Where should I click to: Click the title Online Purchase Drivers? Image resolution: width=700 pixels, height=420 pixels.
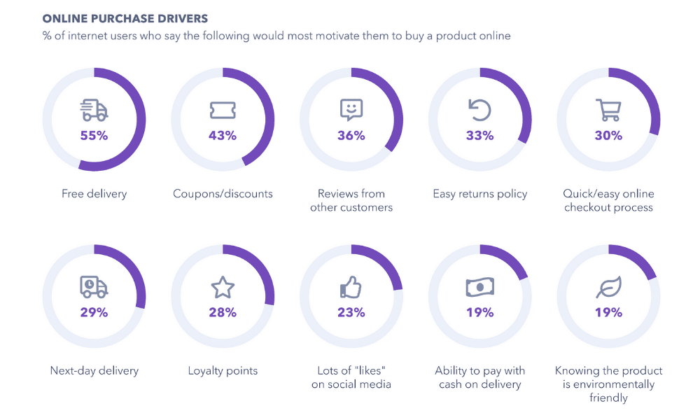(125, 18)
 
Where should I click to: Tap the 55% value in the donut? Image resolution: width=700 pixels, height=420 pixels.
(94, 136)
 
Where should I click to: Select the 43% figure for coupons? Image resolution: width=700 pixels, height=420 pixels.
(223, 136)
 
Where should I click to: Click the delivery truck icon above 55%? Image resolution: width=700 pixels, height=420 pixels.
(94, 111)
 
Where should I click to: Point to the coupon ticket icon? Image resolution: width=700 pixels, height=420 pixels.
(223, 111)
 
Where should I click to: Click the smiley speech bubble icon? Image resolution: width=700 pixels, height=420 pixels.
(351, 110)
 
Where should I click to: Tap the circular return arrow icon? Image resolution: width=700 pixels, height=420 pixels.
(480, 110)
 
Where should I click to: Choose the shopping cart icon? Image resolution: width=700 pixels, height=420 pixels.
(608, 110)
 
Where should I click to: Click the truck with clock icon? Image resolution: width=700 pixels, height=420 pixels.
(94, 287)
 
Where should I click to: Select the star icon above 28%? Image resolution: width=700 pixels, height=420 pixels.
(223, 287)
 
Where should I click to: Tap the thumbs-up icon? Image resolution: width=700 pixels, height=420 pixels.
(351, 286)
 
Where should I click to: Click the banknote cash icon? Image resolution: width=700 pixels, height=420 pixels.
(480, 287)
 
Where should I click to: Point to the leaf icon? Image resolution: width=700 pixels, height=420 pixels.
(608, 287)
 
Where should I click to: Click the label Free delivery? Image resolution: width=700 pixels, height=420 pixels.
(94, 194)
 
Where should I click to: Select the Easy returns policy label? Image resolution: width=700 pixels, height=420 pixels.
(480, 194)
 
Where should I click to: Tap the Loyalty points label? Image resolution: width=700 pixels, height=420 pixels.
(223, 371)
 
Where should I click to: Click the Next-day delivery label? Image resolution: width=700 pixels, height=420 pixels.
(94, 371)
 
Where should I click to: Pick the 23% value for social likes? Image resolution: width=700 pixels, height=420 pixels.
(351, 313)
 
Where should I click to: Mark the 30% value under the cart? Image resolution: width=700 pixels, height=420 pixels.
(608, 136)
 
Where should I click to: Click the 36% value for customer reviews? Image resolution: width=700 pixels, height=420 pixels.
(351, 136)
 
